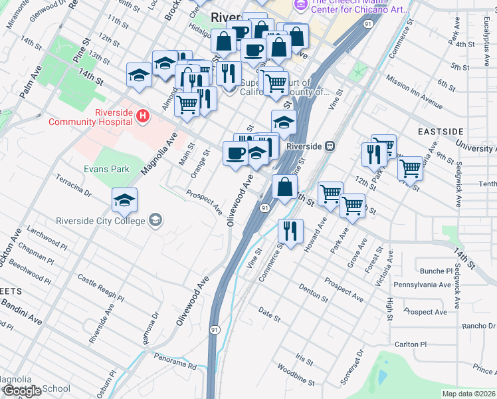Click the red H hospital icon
point(142,117)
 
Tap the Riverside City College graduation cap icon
point(155,220)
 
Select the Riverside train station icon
point(330,146)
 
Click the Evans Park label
point(106,169)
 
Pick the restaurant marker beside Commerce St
point(290,232)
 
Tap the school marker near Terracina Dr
point(124,200)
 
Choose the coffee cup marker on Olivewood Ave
point(235,154)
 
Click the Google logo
point(23,391)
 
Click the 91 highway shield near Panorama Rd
point(215,329)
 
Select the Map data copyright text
point(468,394)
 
